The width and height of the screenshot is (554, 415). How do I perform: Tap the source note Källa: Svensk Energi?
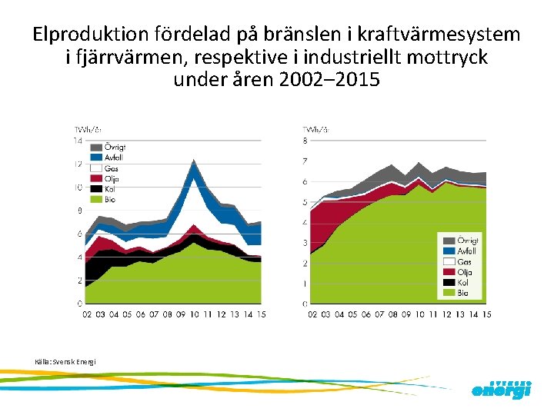coord(65,361)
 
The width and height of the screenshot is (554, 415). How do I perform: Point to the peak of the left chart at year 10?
coord(194,160)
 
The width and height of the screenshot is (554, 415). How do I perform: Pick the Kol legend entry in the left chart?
coord(106,189)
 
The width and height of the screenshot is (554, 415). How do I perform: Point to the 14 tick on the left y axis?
coord(78,141)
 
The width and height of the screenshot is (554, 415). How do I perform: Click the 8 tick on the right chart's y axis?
coord(305,141)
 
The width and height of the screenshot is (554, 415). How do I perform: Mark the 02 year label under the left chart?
coord(88,314)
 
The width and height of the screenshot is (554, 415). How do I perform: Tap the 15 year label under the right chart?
coord(486,314)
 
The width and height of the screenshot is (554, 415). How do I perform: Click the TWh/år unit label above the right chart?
coord(316,129)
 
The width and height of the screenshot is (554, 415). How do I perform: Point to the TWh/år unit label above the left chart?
coord(87,129)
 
